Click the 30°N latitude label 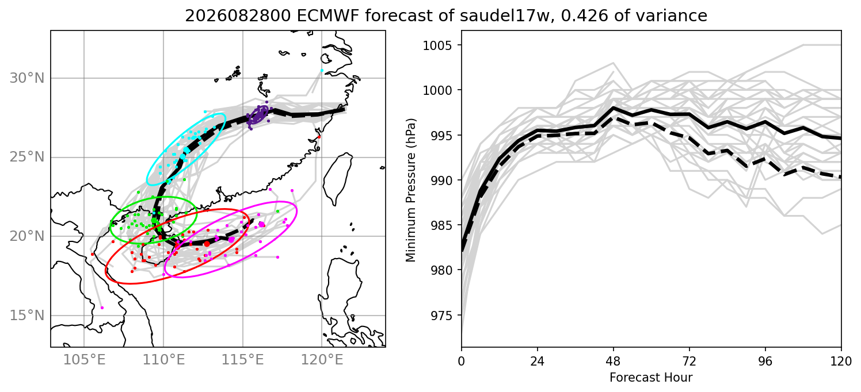click(x=27, y=78)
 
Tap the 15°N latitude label click(x=27, y=316)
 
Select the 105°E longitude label click(x=84, y=360)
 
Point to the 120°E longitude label click(x=322, y=360)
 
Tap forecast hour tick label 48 click(x=614, y=362)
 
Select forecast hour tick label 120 click(x=841, y=362)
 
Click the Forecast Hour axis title click(x=651, y=378)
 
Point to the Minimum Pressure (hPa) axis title click(x=411, y=190)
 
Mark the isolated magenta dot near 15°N click(x=102, y=308)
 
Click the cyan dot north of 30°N click(x=322, y=70)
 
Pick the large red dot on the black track click(x=207, y=244)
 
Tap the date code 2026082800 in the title click(x=238, y=16)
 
